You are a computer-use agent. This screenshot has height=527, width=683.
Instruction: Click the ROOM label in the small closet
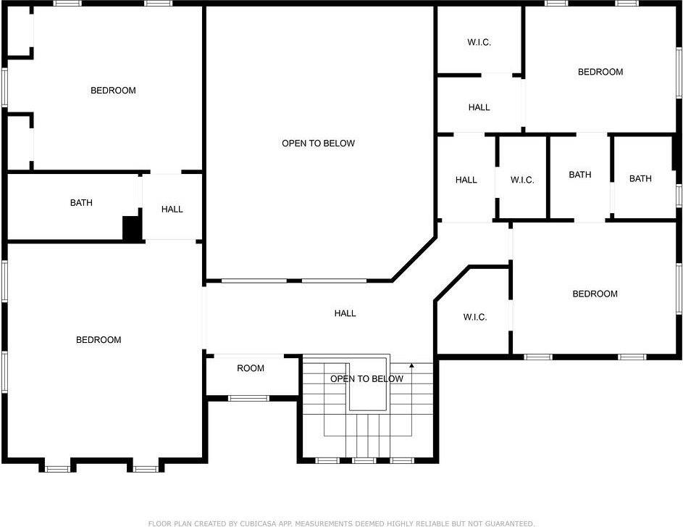(251, 368)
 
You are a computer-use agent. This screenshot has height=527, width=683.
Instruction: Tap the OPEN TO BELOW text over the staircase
(366, 379)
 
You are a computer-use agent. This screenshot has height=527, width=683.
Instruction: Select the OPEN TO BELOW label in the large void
(318, 144)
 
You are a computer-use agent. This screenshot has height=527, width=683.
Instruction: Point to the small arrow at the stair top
(412, 367)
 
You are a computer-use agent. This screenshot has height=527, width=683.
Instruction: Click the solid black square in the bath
(132, 228)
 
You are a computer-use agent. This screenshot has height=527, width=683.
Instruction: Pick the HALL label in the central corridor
(345, 313)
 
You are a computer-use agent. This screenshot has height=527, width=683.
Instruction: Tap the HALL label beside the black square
(172, 209)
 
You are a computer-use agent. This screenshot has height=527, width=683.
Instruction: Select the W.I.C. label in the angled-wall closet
(474, 318)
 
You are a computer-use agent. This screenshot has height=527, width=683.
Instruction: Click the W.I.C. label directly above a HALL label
(479, 42)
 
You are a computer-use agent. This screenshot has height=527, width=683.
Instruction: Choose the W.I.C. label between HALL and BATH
(521, 180)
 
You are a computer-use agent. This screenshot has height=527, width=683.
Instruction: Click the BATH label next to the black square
(81, 203)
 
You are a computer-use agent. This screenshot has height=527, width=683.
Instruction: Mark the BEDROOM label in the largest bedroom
(99, 340)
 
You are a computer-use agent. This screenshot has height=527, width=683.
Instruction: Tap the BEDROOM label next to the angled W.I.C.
(595, 294)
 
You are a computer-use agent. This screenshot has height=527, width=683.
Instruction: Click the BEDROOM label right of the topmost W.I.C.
(600, 72)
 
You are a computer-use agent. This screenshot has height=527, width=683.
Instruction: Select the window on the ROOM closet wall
(248, 398)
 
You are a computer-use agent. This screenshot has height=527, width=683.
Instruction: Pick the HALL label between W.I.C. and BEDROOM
(479, 107)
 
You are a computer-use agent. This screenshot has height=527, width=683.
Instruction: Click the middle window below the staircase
(364, 460)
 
